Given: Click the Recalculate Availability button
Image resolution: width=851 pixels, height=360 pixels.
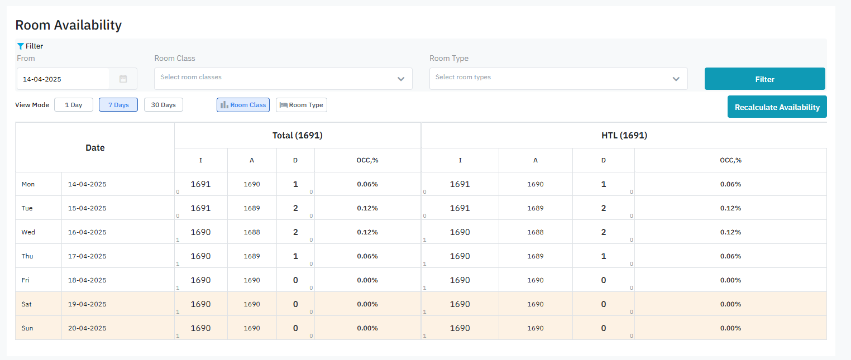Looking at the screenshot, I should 777,107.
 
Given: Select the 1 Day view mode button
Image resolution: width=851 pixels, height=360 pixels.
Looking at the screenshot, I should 73,105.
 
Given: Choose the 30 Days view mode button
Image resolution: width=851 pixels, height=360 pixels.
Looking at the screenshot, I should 163,105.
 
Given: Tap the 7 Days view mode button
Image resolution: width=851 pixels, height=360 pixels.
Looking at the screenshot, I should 118,105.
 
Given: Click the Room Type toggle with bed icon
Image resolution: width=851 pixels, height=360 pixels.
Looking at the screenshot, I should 301,105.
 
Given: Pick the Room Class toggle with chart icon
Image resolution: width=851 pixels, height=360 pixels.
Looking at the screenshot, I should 243,105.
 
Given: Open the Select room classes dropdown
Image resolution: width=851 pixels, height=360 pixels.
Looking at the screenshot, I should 283,79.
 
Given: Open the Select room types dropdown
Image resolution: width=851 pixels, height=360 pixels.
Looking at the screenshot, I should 558,79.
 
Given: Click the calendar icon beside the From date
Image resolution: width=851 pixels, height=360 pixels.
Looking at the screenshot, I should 123,79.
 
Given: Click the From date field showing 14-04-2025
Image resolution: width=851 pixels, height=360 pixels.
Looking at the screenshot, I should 63,79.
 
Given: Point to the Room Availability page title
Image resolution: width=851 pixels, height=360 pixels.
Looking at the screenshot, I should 68,25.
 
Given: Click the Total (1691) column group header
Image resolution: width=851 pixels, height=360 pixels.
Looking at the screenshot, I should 297,136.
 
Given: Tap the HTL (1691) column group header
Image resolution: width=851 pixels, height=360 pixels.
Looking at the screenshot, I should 623,136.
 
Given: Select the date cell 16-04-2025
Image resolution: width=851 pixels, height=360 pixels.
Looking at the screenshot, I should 87,232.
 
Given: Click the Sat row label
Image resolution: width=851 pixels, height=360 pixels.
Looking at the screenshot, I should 27,304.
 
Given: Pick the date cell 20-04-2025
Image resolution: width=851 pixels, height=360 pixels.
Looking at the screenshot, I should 87,328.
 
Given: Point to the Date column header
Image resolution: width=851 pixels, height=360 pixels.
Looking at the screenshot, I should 95,148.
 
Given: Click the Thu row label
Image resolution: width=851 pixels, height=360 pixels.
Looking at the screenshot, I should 27,256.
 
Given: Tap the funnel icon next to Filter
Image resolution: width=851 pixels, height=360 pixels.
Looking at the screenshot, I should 21,46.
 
